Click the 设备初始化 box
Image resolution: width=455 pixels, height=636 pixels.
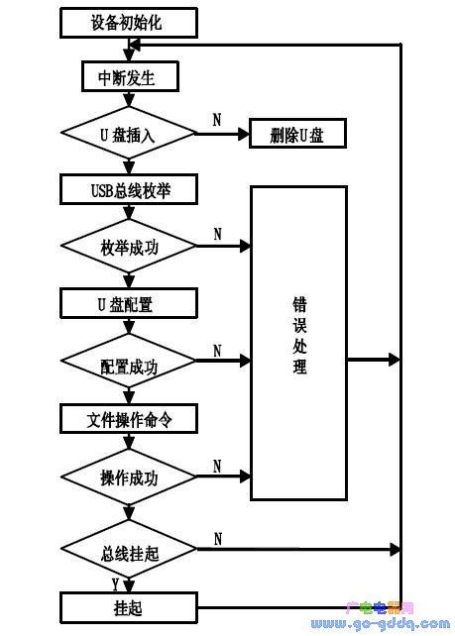(129, 21)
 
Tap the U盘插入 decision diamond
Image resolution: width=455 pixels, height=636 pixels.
(129, 133)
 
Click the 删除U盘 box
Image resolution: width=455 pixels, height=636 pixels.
(296, 134)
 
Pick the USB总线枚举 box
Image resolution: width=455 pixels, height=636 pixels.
(129, 188)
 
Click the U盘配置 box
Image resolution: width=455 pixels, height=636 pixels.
(129, 303)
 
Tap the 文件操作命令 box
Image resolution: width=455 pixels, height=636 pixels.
(129, 419)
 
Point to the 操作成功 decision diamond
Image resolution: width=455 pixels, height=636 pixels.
(129, 477)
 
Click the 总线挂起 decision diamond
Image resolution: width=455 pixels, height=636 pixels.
(129, 550)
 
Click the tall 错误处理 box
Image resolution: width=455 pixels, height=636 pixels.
(298, 342)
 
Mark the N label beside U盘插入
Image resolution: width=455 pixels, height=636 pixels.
(217, 119)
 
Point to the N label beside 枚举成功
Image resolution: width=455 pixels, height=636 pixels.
(217, 234)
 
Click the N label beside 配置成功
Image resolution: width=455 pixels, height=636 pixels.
(217, 350)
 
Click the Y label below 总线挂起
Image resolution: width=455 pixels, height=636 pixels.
(115, 583)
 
